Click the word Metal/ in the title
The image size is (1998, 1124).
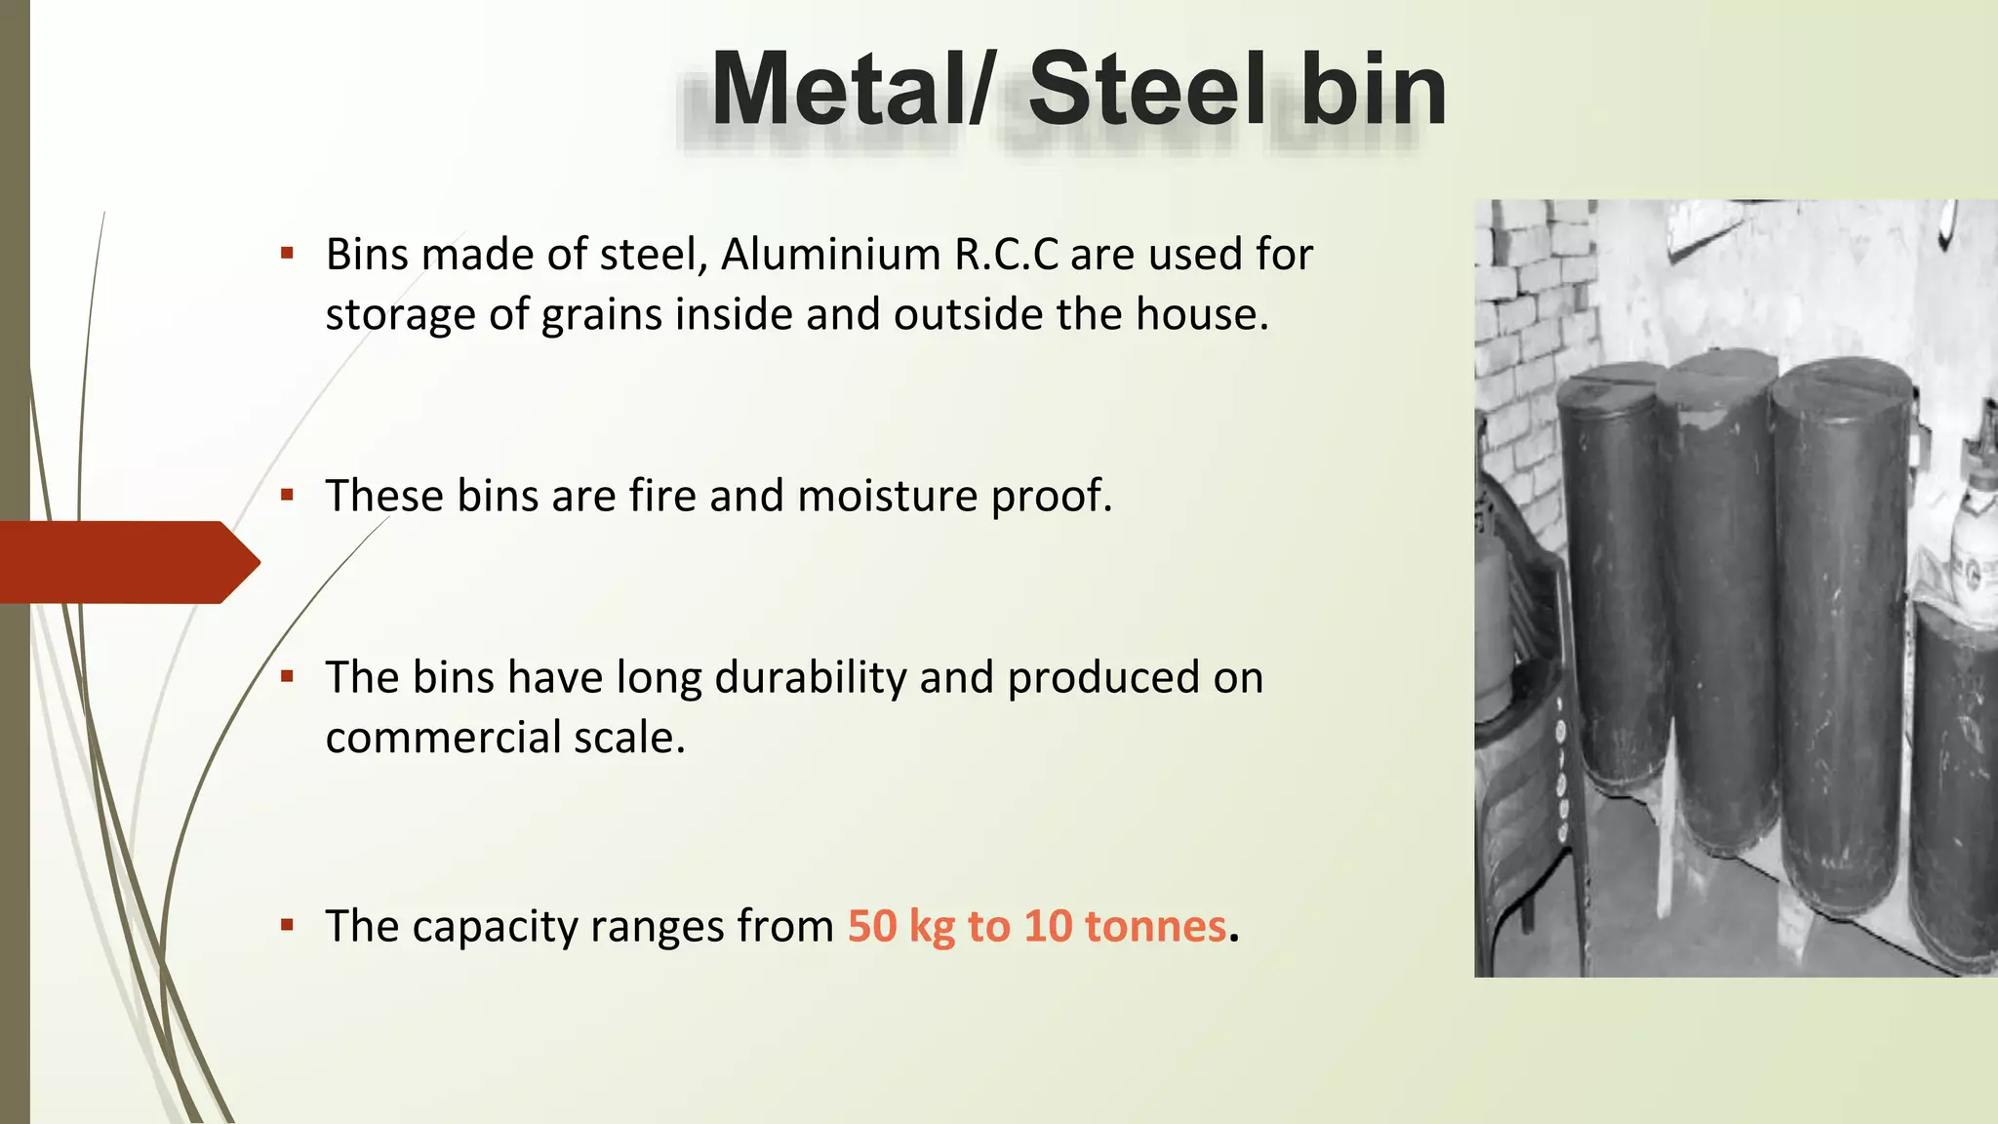(x=850, y=90)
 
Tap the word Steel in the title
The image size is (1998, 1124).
(x=1147, y=90)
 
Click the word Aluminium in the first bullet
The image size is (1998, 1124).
(x=830, y=255)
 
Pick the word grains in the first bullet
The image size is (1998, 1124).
(x=602, y=316)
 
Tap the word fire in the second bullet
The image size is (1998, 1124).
(x=663, y=496)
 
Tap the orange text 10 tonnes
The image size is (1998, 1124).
(x=1125, y=927)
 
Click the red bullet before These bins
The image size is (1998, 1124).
(x=287, y=495)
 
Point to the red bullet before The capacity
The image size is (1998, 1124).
(x=287, y=925)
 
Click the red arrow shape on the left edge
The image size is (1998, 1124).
(x=127, y=562)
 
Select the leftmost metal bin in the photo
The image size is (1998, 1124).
(x=1612, y=585)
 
